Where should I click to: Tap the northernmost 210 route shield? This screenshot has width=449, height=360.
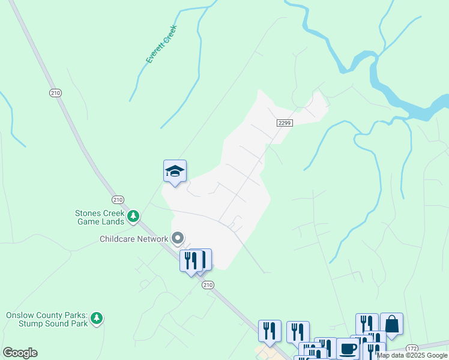coord(55,92)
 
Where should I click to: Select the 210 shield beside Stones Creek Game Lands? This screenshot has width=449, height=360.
coord(117,199)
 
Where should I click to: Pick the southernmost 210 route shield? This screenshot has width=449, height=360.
coord(206,284)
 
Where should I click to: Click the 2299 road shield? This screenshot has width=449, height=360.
coord(285,122)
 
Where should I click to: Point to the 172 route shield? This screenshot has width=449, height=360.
coord(411,348)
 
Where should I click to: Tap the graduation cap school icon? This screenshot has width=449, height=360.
coord(175,171)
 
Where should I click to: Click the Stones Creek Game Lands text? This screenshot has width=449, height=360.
coord(100,217)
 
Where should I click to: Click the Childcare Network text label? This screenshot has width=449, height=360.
coord(134,239)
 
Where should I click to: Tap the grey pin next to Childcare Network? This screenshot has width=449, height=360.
coord(177,239)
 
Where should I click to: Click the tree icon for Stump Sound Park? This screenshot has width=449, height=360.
coord(96,319)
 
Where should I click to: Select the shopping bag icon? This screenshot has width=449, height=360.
coord(391,325)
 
